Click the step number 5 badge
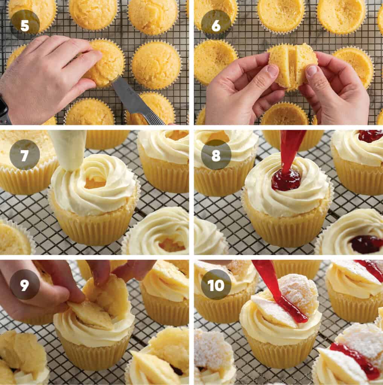[x=25, y=25]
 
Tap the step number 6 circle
[x=216, y=25]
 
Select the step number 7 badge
[x=25, y=155]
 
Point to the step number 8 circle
[x=216, y=155]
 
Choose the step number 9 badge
[x=25, y=284]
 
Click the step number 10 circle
[x=216, y=284]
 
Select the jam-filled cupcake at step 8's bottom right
[x=354, y=235]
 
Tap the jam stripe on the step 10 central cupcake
[x=292, y=308]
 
